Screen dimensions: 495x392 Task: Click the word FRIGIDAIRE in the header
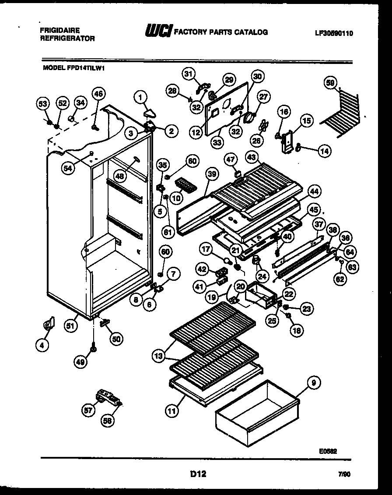tap(59, 31)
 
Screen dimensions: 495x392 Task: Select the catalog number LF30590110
tap(334, 33)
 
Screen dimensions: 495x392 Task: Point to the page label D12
tap(198, 474)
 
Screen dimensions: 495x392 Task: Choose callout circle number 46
tap(98, 93)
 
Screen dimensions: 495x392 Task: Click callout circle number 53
tap(42, 103)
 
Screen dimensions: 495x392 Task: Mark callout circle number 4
tap(42, 346)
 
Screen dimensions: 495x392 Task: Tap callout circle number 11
tap(172, 411)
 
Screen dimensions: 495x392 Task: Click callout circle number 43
tap(252, 157)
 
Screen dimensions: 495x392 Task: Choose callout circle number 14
tap(324, 151)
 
